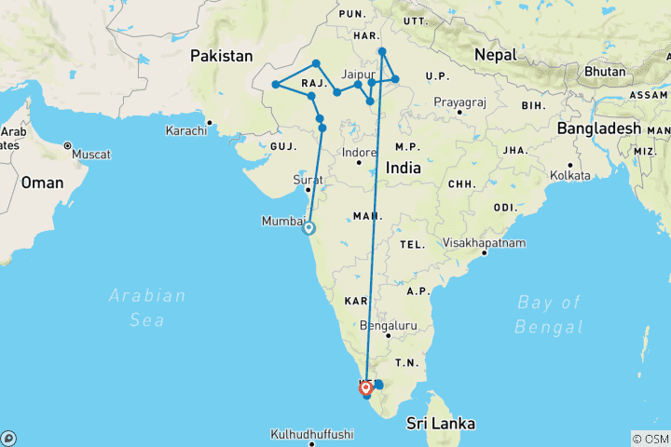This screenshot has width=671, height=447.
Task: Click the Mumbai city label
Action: click(284, 222)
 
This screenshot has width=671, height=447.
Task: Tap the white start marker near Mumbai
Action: click(308, 228)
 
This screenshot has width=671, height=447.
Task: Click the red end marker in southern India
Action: click(366, 388)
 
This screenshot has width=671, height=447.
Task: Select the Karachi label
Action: click(185, 131)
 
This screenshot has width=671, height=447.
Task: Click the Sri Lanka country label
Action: click(440, 424)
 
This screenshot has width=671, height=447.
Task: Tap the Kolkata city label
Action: click(571, 175)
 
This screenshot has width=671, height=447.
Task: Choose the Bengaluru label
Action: click(390, 326)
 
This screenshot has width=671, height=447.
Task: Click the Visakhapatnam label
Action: click(485, 243)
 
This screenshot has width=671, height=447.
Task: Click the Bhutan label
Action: click(606, 72)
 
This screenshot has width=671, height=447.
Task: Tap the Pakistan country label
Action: click(222, 57)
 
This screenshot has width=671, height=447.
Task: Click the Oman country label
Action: click(43, 183)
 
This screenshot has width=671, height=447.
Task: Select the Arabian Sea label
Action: click(147, 307)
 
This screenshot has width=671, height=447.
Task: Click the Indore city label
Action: click(359, 152)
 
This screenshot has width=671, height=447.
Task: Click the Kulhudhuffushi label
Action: click(312, 434)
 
